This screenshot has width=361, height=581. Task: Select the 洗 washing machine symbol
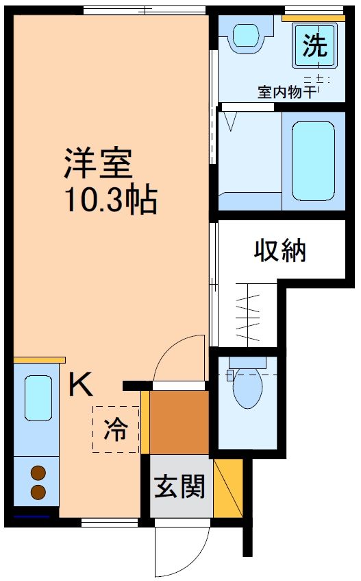(x=315, y=46)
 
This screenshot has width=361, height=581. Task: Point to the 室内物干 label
(x=287, y=92)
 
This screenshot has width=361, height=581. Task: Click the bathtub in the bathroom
(x=313, y=161)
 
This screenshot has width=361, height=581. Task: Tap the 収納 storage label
(x=280, y=251)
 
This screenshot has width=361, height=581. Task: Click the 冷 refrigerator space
(x=116, y=429)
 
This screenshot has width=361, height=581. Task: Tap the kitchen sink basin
(x=38, y=398)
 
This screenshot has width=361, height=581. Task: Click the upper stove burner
(x=38, y=473)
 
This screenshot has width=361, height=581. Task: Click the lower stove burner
(x=38, y=492)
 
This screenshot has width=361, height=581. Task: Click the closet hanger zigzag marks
(x=248, y=313)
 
